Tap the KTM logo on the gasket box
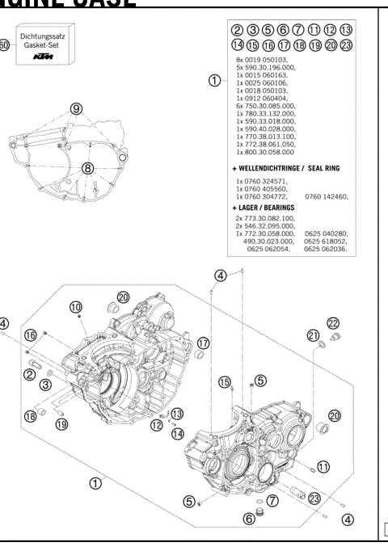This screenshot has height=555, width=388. tap(47, 59)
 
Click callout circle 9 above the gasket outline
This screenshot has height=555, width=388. tap(76, 108)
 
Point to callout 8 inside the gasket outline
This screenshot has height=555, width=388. tap(87, 169)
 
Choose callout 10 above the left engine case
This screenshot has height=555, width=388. tap(75, 307)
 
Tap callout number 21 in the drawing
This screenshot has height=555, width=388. tap(314, 335)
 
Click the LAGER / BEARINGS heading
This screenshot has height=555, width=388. tap(267, 208)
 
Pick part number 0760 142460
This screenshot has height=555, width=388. tap(326, 196)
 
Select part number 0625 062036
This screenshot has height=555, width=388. tap(326, 249)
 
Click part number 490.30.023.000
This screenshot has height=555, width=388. tap(270, 241)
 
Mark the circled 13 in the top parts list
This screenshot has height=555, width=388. tap(369, 30)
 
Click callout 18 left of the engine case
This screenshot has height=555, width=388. tap(30, 416)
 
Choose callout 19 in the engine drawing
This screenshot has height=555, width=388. tap(61, 423)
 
